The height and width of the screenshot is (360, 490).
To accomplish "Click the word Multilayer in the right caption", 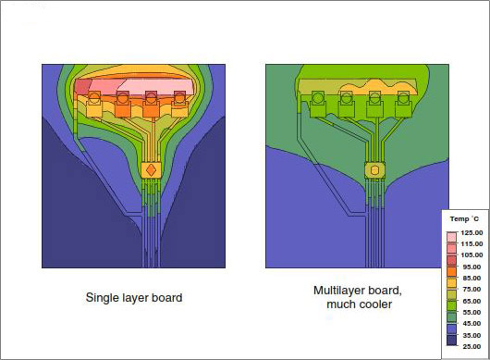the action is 338,291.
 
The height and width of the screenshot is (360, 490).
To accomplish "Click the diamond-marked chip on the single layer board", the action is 151,170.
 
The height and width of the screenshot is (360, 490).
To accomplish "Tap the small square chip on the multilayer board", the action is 374,170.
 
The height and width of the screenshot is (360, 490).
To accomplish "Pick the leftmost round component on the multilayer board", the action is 317,97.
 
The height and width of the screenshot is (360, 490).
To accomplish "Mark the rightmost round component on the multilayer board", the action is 402,97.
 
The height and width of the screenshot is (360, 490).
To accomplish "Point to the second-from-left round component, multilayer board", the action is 346,97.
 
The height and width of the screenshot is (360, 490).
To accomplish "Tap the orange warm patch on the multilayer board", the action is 374,91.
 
